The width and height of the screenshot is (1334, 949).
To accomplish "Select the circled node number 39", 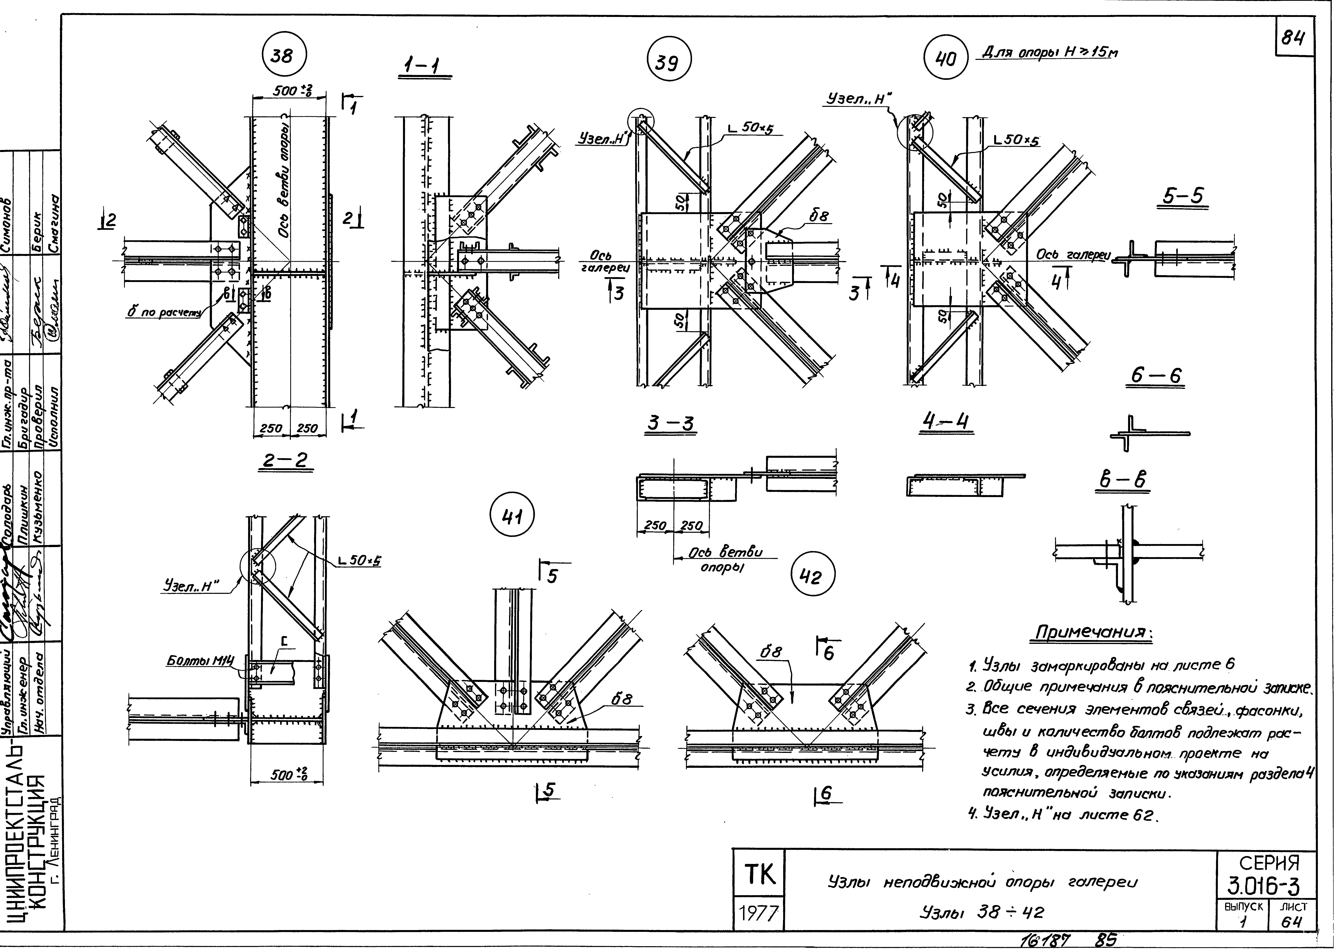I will tap(669, 61).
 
